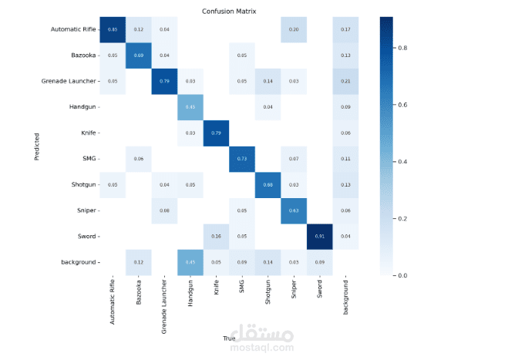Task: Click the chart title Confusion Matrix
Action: pos(229,12)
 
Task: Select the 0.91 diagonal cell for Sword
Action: pos(319,236)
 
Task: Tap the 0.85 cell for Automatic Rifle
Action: pos(113,29)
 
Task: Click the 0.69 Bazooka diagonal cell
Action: pos(140,56)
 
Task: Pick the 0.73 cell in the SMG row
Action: pos(242,158)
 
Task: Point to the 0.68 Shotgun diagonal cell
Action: pos(268,184)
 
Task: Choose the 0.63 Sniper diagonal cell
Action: pos(294,210)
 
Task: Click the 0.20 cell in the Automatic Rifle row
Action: pos(294,29)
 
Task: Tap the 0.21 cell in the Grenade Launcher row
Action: pos(345,81)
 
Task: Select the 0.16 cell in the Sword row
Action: pos(217,236)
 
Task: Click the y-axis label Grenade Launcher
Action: pos(68,81)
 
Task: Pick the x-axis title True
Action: pos(229,337)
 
